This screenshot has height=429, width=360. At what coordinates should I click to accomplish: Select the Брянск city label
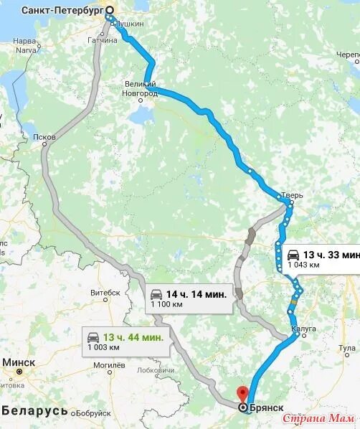pyautogui.click(x=267, y=407)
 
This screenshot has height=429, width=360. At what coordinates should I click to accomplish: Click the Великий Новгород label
pyautogui.click(x=141, y=89)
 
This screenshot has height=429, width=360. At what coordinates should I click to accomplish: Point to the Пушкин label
pyautogui.click(x=129, y=24)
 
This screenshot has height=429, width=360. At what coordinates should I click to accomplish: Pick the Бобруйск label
pyautogui.click(x=91, y=413)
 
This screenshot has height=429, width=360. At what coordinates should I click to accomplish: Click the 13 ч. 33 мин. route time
pyautogui.click(x=331, y=255)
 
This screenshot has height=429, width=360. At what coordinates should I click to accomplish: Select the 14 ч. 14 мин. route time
pyautogui.click(x=196, y=294)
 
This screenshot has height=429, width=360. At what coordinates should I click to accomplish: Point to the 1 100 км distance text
pyautogui.click(x=165, y=305)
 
